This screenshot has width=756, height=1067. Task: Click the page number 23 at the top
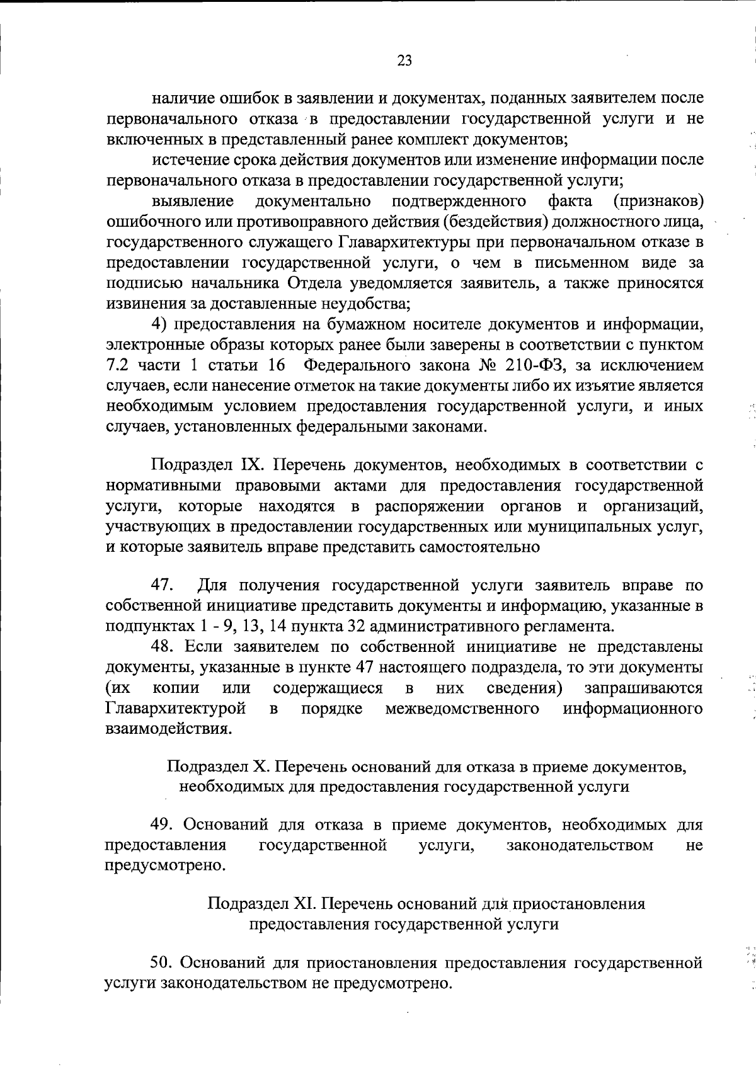point(404,60)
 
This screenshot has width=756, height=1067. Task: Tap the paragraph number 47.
point(163,585)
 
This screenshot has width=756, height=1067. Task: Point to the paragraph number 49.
point(163,824)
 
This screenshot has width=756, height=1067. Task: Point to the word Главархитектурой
point(175,709)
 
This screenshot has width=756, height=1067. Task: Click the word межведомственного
point(462,709)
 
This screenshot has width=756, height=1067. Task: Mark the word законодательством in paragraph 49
point(580,845)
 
